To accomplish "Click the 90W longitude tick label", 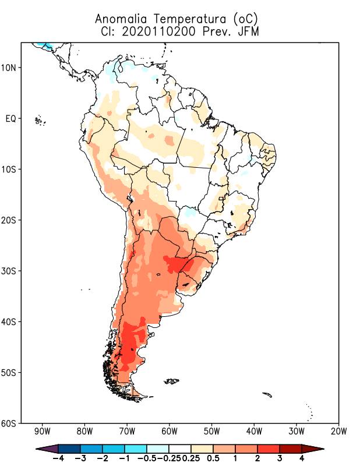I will coord(43,432).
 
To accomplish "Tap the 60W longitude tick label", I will coord(170,432).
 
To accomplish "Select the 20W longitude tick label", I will coord(338,432).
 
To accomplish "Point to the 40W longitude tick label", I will coord(254,432).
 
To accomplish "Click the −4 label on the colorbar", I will coord(58,458).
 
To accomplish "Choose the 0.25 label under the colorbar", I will coord(190,458).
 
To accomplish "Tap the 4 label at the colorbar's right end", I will coord(302,458).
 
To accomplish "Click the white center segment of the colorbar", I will coord(179,448).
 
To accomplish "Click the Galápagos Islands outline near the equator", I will coord(40,121).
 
